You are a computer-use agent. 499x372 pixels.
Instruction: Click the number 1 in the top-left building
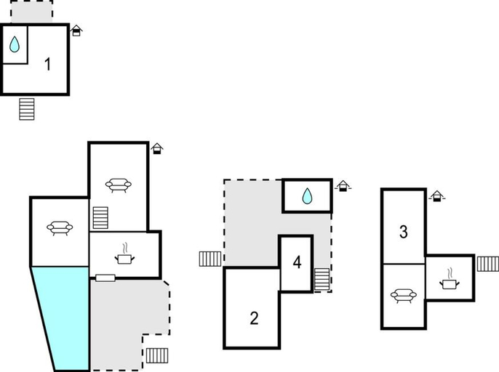[48, 64]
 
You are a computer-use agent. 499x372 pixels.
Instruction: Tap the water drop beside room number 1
[15, 44]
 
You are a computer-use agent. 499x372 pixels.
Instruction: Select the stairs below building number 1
[27, 109]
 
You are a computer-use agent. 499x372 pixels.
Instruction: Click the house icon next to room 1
[76, 31]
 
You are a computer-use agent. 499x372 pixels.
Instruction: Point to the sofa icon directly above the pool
[60, 227]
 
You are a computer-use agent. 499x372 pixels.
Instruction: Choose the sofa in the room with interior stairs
[119, 185]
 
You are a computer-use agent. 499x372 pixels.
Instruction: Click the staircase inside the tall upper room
[100, 218]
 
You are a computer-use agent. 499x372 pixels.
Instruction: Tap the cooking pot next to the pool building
[124, 254]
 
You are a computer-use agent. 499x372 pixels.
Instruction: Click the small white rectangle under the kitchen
[105, 278]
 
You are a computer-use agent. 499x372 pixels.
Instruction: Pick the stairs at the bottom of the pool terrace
[157, 355]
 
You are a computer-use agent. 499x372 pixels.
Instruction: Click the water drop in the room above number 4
[307, 196]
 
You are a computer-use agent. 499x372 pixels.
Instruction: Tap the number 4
[297, 262]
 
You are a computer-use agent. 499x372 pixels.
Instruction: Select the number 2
[254, 318]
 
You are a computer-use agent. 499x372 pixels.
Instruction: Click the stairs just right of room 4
[322, 280]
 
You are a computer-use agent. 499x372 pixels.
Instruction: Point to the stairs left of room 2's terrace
[210, 259]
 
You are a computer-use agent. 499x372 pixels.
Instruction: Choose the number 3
[404, 232]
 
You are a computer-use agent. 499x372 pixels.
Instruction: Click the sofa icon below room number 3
[404, 296]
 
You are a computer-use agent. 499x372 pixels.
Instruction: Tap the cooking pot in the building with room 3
[450, 280]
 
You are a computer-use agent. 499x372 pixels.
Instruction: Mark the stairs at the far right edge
[488, 264]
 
